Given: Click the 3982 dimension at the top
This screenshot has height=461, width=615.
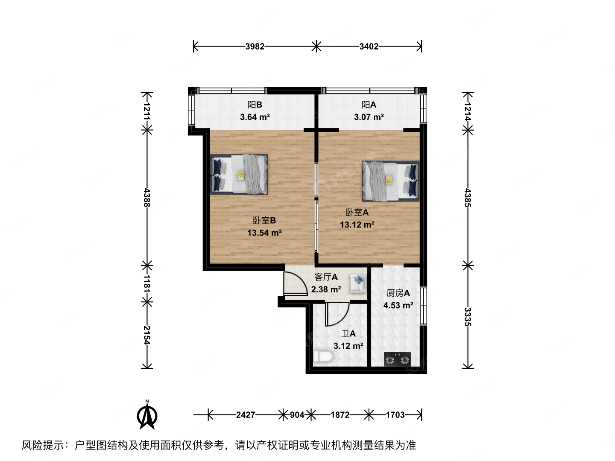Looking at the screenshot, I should point(255,46).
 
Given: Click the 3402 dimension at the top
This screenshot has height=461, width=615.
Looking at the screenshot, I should point(369,46).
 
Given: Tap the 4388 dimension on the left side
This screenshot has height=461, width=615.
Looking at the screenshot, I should point(147,197).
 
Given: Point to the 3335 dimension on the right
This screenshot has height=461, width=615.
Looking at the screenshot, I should point(468,317).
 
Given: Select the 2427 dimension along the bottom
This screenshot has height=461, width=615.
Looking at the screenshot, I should point(246,414).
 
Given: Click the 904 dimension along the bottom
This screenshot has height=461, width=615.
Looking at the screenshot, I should point(297,414).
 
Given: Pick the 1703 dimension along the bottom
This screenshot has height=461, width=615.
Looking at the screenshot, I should point(395,414).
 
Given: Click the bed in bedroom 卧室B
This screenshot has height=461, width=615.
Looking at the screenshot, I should point(239,174).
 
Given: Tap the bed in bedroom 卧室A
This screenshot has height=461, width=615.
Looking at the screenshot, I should point(390,181).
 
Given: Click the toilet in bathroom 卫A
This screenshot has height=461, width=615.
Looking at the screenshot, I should point(323,357).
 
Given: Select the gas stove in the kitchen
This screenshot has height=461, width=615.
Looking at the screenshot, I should point(397,359).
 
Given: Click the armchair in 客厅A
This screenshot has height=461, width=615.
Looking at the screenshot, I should point(357,283).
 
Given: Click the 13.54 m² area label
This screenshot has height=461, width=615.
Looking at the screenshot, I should point(264,233).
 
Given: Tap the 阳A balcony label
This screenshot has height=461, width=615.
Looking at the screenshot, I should point(369,105).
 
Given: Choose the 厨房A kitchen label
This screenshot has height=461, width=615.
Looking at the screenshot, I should point(398,293).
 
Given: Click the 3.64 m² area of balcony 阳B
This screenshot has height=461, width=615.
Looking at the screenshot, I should point(255,117).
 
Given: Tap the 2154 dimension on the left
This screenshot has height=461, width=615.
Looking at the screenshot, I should point(147,335).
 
